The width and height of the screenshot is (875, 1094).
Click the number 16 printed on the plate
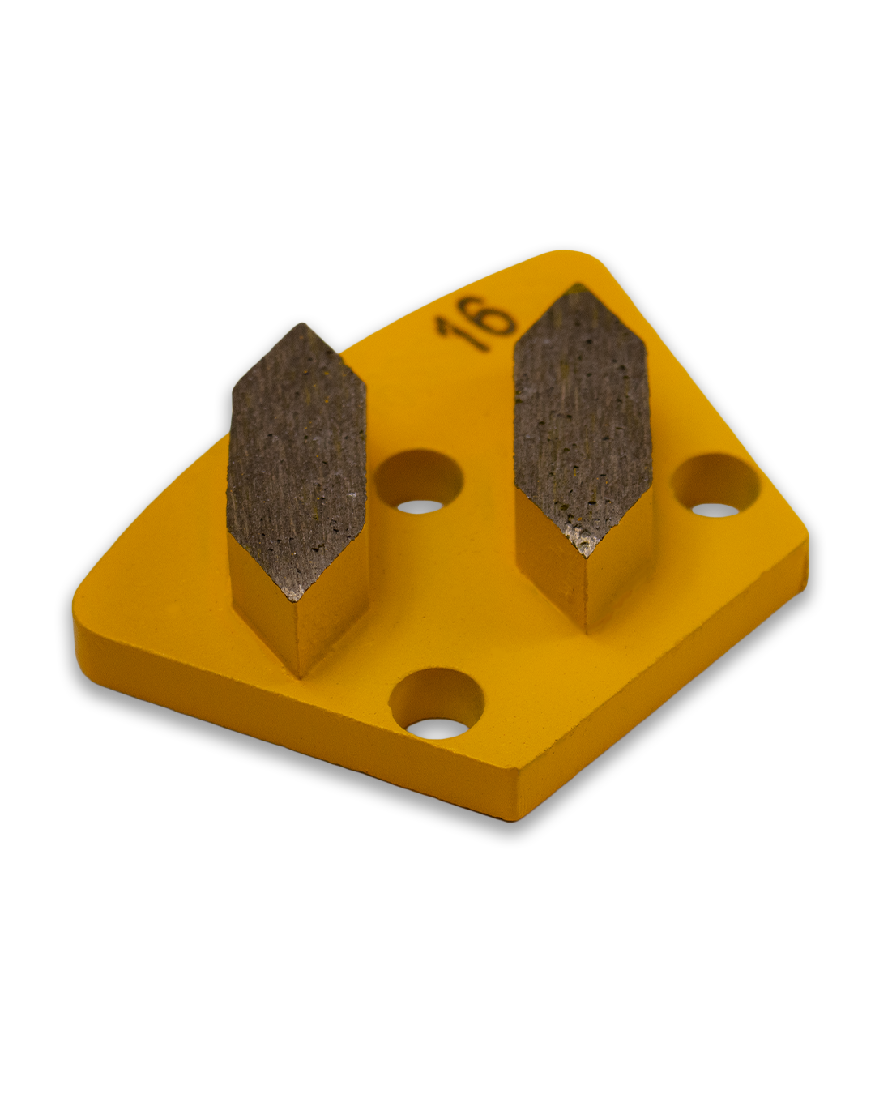click(476, 324)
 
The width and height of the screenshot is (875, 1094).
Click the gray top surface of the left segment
click(297, 462)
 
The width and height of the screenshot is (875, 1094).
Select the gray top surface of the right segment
click(583, 413)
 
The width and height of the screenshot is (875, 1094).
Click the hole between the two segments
click(418, 484)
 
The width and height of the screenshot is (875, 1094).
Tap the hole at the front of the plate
click(435, 704)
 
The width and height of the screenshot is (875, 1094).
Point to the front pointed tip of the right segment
click(584, 555)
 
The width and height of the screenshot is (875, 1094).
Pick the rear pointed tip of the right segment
click(577, 289)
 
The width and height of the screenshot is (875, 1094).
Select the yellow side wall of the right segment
click(551, 559)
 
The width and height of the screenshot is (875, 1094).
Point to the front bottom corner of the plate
click(515, 798)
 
